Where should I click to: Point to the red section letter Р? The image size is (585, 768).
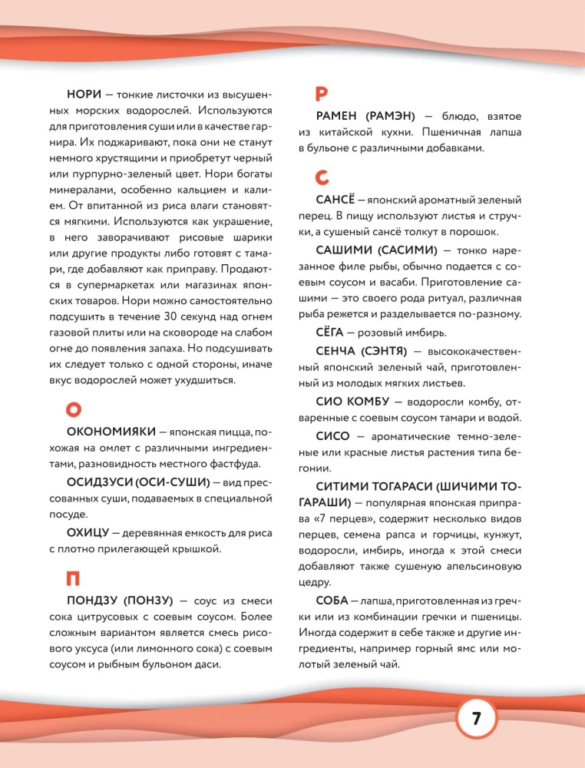pos(322,94)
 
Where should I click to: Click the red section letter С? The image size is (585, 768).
pos(322,177)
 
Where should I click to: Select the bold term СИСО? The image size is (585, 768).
pos(332,435)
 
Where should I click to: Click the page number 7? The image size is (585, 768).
pos(475,720)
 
